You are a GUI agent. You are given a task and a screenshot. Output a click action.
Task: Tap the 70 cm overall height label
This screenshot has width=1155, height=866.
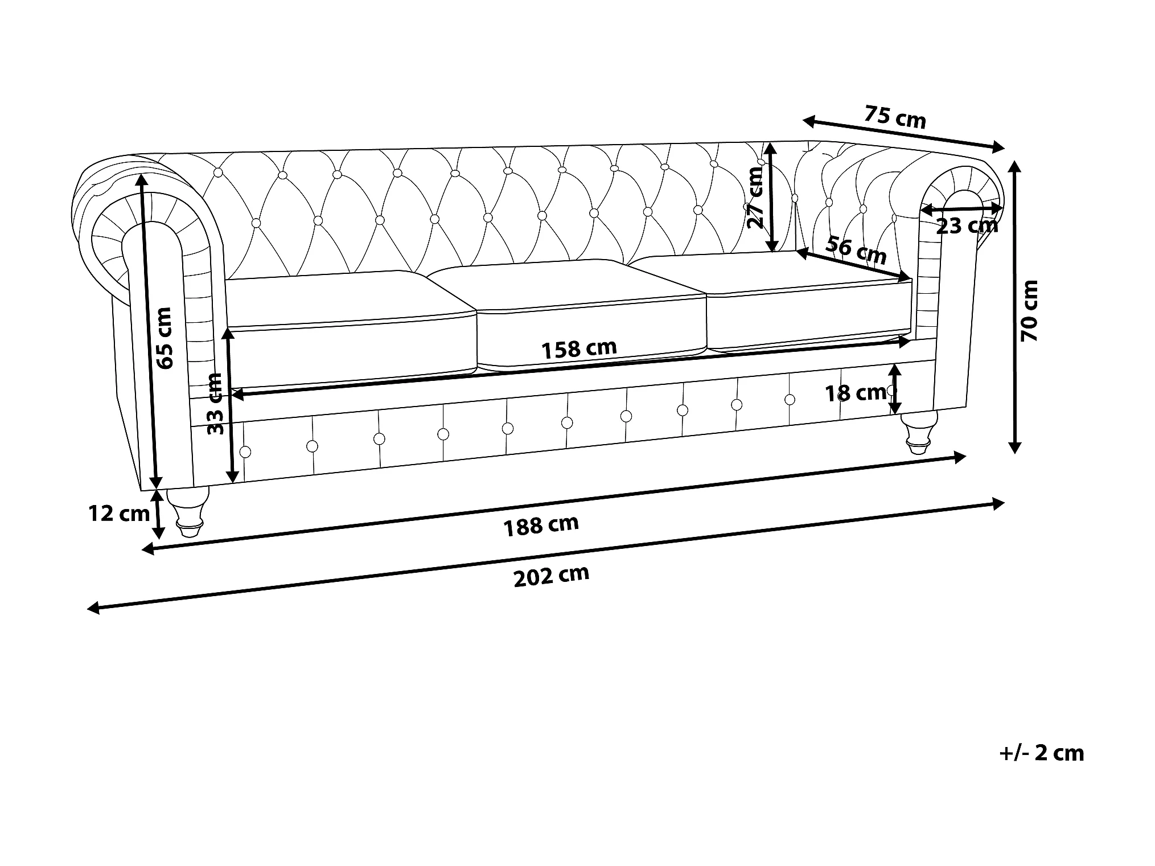pos(1030,310)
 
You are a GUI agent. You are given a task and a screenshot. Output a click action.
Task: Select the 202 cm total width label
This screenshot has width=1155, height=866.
pos(550,576)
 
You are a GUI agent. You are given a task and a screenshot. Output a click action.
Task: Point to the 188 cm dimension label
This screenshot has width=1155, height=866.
pos(541,525)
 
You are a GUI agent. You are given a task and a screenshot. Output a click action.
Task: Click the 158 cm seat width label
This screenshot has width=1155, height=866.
pos(578,348)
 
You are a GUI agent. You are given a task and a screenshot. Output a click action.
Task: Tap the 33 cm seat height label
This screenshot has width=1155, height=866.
pos(216,404)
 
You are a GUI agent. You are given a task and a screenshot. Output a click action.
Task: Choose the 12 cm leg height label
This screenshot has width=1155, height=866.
pos(118,514)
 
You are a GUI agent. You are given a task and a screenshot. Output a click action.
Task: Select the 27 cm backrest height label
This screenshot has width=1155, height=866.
pos(755,198)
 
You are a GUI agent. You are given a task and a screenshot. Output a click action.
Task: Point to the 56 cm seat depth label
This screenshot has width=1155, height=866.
pos(856,251)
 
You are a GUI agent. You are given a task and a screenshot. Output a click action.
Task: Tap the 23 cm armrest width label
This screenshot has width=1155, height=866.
pos(967,226)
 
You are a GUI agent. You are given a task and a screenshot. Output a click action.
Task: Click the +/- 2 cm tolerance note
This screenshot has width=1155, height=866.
pos(1041,753)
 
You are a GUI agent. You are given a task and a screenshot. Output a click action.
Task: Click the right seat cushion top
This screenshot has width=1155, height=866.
pos(774,273)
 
